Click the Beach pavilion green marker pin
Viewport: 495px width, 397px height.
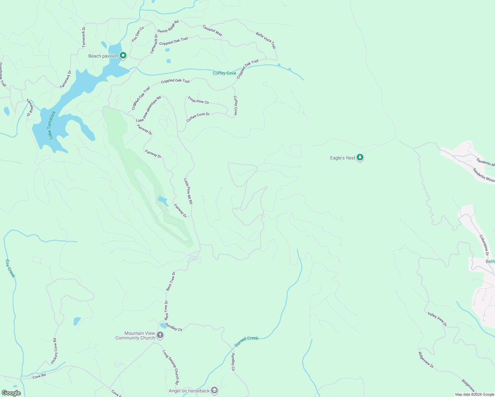click(x=123, y=56)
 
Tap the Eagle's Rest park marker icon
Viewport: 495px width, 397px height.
click(x=360, y=158)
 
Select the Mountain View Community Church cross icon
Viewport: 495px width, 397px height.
click(x=160, y=335)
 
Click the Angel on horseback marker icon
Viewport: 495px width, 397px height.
click(x=214, y=391)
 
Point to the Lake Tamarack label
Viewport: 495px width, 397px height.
click(x=51, y=125)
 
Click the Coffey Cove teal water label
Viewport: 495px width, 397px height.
click(x=224, y=73)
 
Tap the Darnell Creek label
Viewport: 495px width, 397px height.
click(x=246, y=341)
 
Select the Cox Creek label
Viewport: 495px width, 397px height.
click(x=10, y=268)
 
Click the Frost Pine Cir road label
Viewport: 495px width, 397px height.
click(x=199, y=100)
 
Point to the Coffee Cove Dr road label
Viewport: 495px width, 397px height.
click(x=198, y=117)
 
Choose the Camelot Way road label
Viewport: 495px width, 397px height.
click(x=212, y=30)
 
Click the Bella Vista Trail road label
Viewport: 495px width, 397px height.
click(x=266, y=40)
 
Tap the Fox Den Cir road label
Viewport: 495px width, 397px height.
click(x=138, y=34)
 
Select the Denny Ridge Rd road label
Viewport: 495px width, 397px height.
click(x=168, y=26)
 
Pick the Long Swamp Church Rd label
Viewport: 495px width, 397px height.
click(x=171, y=367)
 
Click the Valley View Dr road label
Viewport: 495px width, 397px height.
click(x=437, y=319)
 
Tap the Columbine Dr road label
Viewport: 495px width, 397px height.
click(x=484, y=245)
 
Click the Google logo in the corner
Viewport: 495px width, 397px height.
click(x=11, y=393)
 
